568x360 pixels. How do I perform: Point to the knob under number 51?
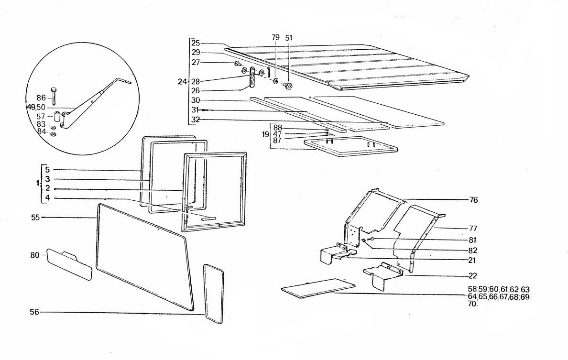(288, 86)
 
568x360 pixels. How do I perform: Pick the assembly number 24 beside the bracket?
(181, 82)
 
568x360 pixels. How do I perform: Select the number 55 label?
(35, 218)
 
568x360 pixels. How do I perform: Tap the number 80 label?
(35, 255)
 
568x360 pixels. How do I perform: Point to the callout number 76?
(474, 199)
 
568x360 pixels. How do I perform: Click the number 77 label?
(473, 229)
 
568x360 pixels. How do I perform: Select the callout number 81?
(473, 240)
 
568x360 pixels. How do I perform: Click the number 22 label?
(473, 275)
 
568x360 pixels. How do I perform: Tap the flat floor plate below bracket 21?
(318, 288)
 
